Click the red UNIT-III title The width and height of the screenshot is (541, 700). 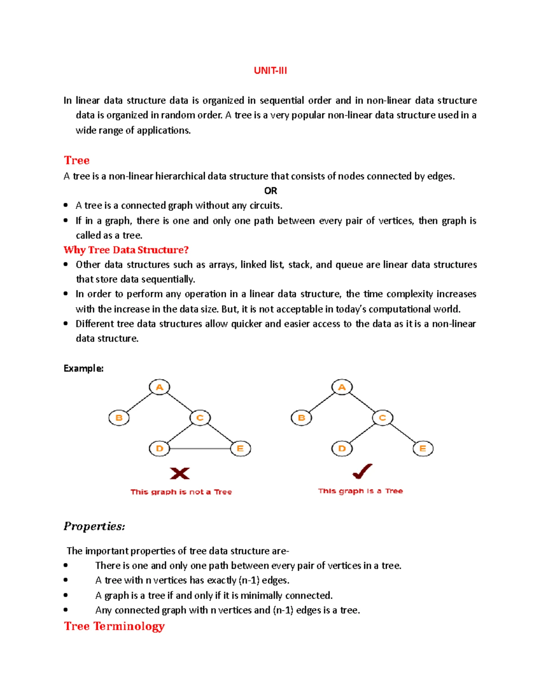tap(270, 71)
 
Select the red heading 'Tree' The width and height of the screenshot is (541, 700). tap(77, 160)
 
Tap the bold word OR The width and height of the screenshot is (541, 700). tap(270, 191)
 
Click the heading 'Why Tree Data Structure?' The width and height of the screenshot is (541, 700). tap(126, 250)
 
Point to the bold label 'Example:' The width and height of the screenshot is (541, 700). tap(83, 368)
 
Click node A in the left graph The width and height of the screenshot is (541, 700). tap(159, 387)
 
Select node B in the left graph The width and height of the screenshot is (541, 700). tap(119, 418)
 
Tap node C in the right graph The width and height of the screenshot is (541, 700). tap(382, 418)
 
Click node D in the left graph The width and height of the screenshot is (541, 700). tap(159, 448)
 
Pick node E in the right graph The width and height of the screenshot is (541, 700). tap(423, 448)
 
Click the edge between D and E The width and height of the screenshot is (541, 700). tap(200, 448)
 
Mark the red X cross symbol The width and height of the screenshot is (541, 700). tap(179, 473)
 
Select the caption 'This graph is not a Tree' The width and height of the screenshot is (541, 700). tap(181, 492)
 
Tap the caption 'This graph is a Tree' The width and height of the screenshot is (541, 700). tap(360, 491)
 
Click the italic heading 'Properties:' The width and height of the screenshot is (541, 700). tap(94, 526)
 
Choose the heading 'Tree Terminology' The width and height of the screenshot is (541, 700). tap(114, 626)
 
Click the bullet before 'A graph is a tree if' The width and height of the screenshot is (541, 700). tap(66, 595)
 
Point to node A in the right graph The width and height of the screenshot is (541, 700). tap(342, 387)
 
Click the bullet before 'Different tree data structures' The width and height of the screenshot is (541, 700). tap(66, 324)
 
